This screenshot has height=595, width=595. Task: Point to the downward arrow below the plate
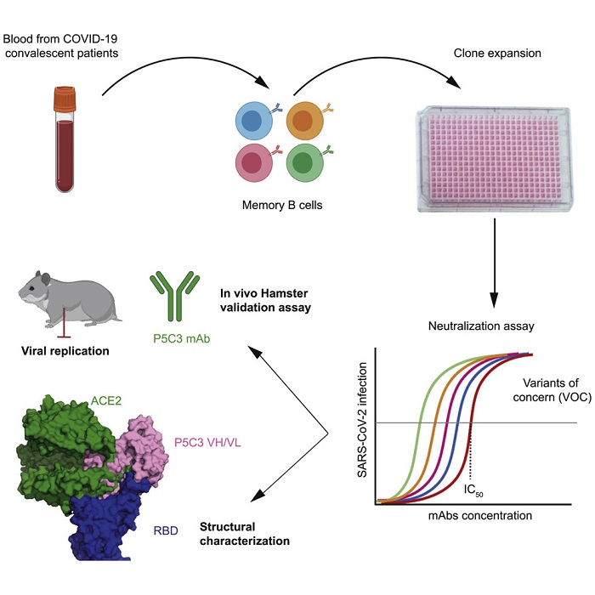492,264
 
